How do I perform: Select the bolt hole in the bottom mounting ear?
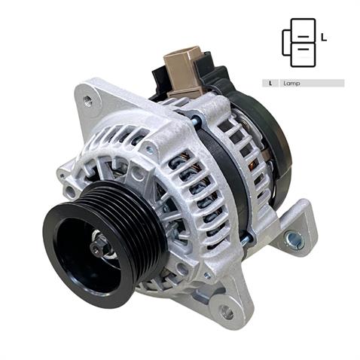click(227, 311)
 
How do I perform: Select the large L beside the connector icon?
click(323, 36)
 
